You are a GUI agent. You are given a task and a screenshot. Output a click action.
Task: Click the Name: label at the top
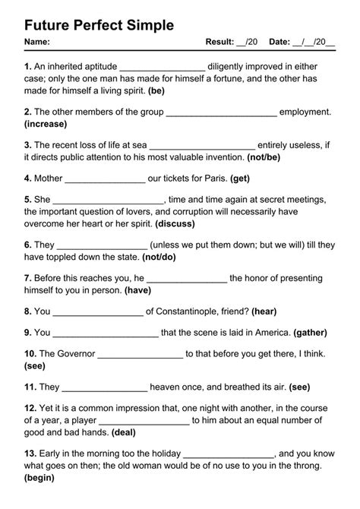tap(37, 42)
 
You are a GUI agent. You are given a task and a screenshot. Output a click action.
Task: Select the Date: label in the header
tap(280, 42)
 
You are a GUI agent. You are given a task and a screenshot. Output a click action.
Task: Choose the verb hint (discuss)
tap(175, 224)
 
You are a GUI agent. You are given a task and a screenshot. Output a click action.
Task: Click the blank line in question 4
tap(105, 179)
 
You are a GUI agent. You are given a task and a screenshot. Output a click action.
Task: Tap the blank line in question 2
tap(220, 112)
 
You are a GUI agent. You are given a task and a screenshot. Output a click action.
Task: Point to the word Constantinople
tap(200, 311)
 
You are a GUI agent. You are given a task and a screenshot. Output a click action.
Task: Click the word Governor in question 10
tap(76, 353)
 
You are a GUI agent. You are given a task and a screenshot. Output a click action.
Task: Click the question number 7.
tap(28, 278)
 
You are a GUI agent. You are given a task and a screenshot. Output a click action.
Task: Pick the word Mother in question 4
tap(49, 179)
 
